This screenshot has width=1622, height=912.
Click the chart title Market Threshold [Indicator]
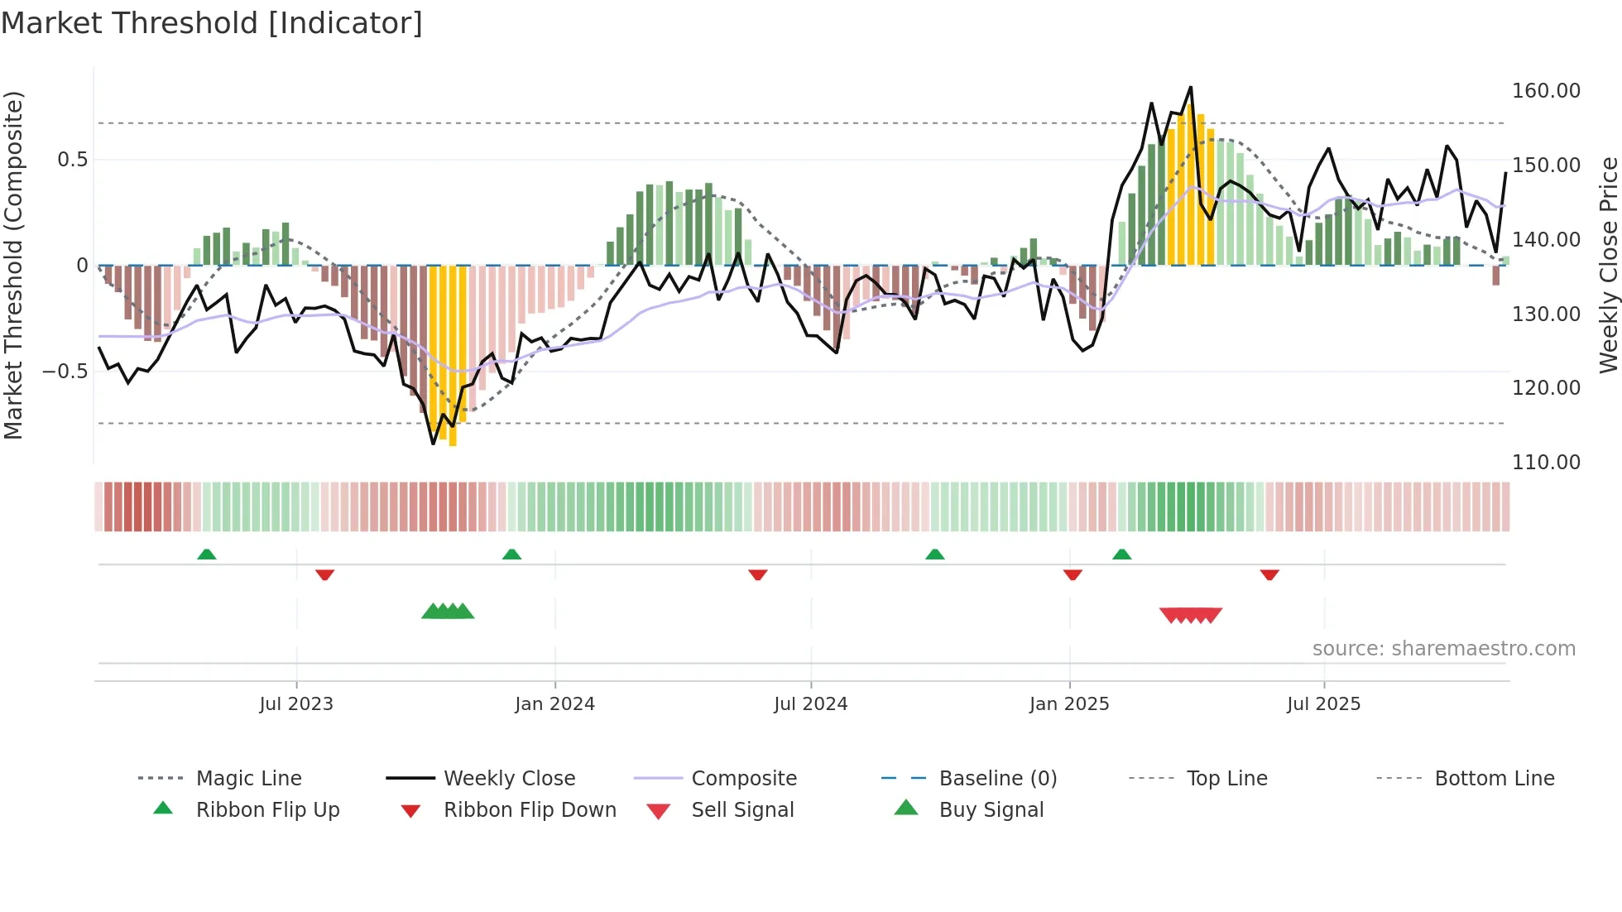(212, 23)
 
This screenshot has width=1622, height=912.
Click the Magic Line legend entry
(248, 779)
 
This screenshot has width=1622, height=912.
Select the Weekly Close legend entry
(509, 779)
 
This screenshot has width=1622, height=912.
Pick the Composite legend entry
(743, 779)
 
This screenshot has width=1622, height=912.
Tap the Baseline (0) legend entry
(997, 779)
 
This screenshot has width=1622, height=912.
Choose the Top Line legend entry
(1226, 779)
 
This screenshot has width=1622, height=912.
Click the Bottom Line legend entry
(1494, 779)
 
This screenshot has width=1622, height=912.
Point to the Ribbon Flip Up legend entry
(267, 810)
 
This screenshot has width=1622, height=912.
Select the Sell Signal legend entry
(742, 810)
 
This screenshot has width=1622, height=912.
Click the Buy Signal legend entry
(991, 810)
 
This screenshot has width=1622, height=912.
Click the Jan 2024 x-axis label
(554, 704)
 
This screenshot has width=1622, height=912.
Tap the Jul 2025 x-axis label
(1323, 704)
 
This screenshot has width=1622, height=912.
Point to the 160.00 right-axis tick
(1546, 91)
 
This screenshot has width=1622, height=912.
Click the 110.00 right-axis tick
(1546, 463)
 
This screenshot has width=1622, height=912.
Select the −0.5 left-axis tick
(65, 372)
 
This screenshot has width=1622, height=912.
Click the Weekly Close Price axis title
(1608, 265)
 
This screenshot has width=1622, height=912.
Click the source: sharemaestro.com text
(1443, 649)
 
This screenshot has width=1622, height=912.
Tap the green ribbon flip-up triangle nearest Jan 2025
(1121, 554)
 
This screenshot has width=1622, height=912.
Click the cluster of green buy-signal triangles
(448, 612)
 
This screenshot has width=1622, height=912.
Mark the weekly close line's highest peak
(1190, 88)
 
